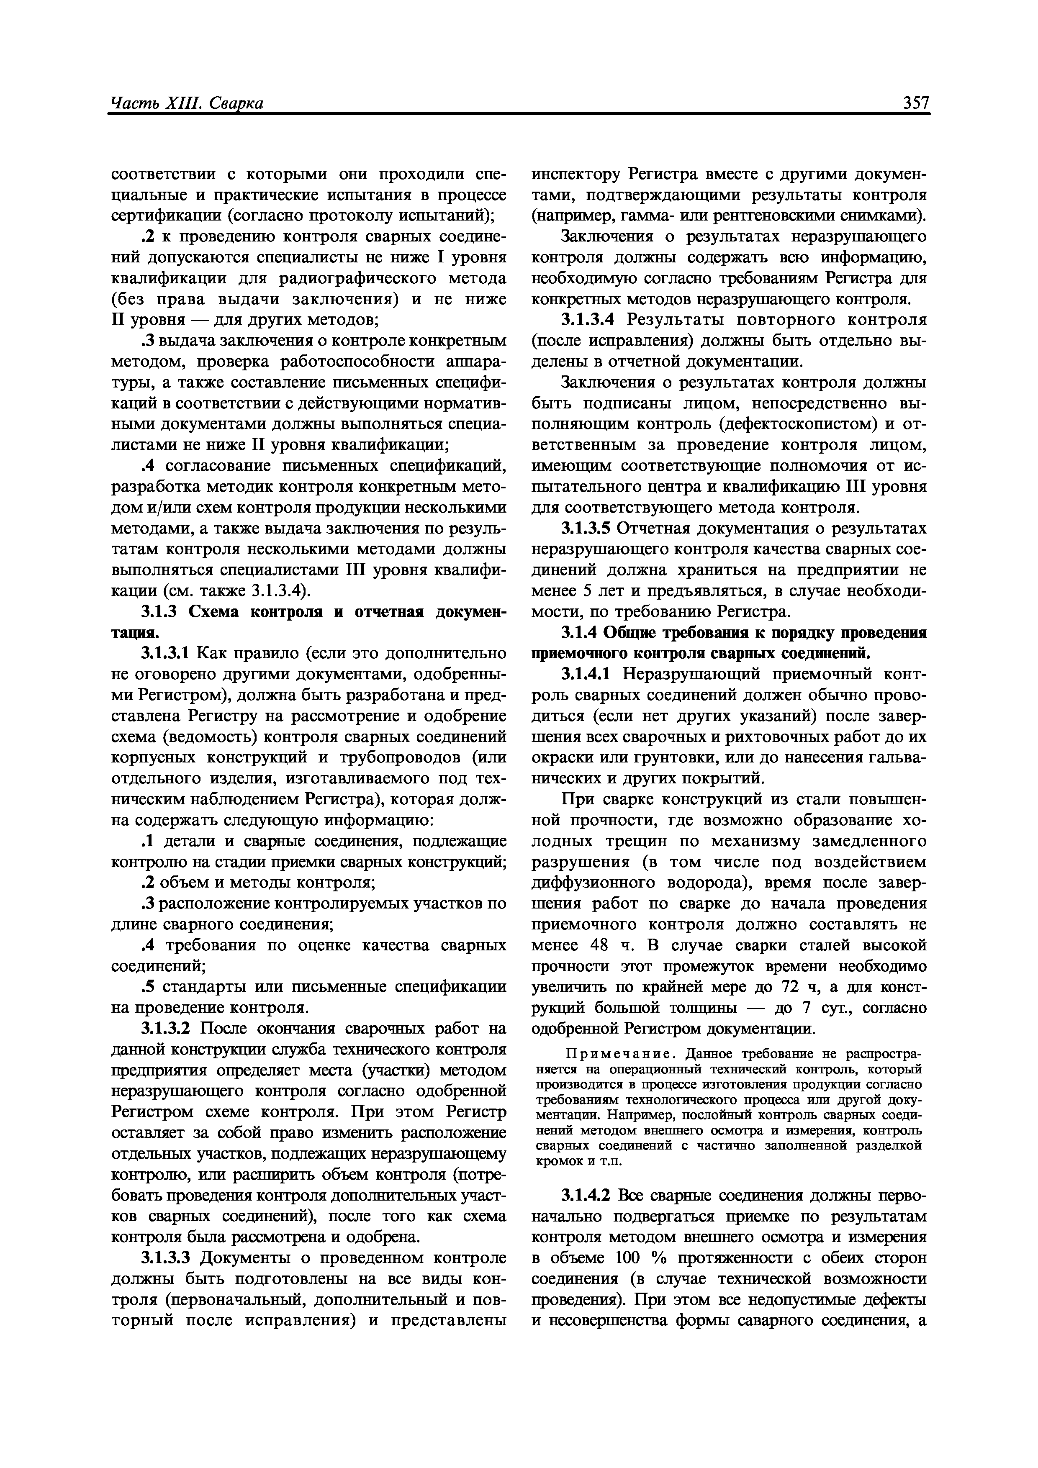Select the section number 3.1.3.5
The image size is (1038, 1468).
pos(587,529)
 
